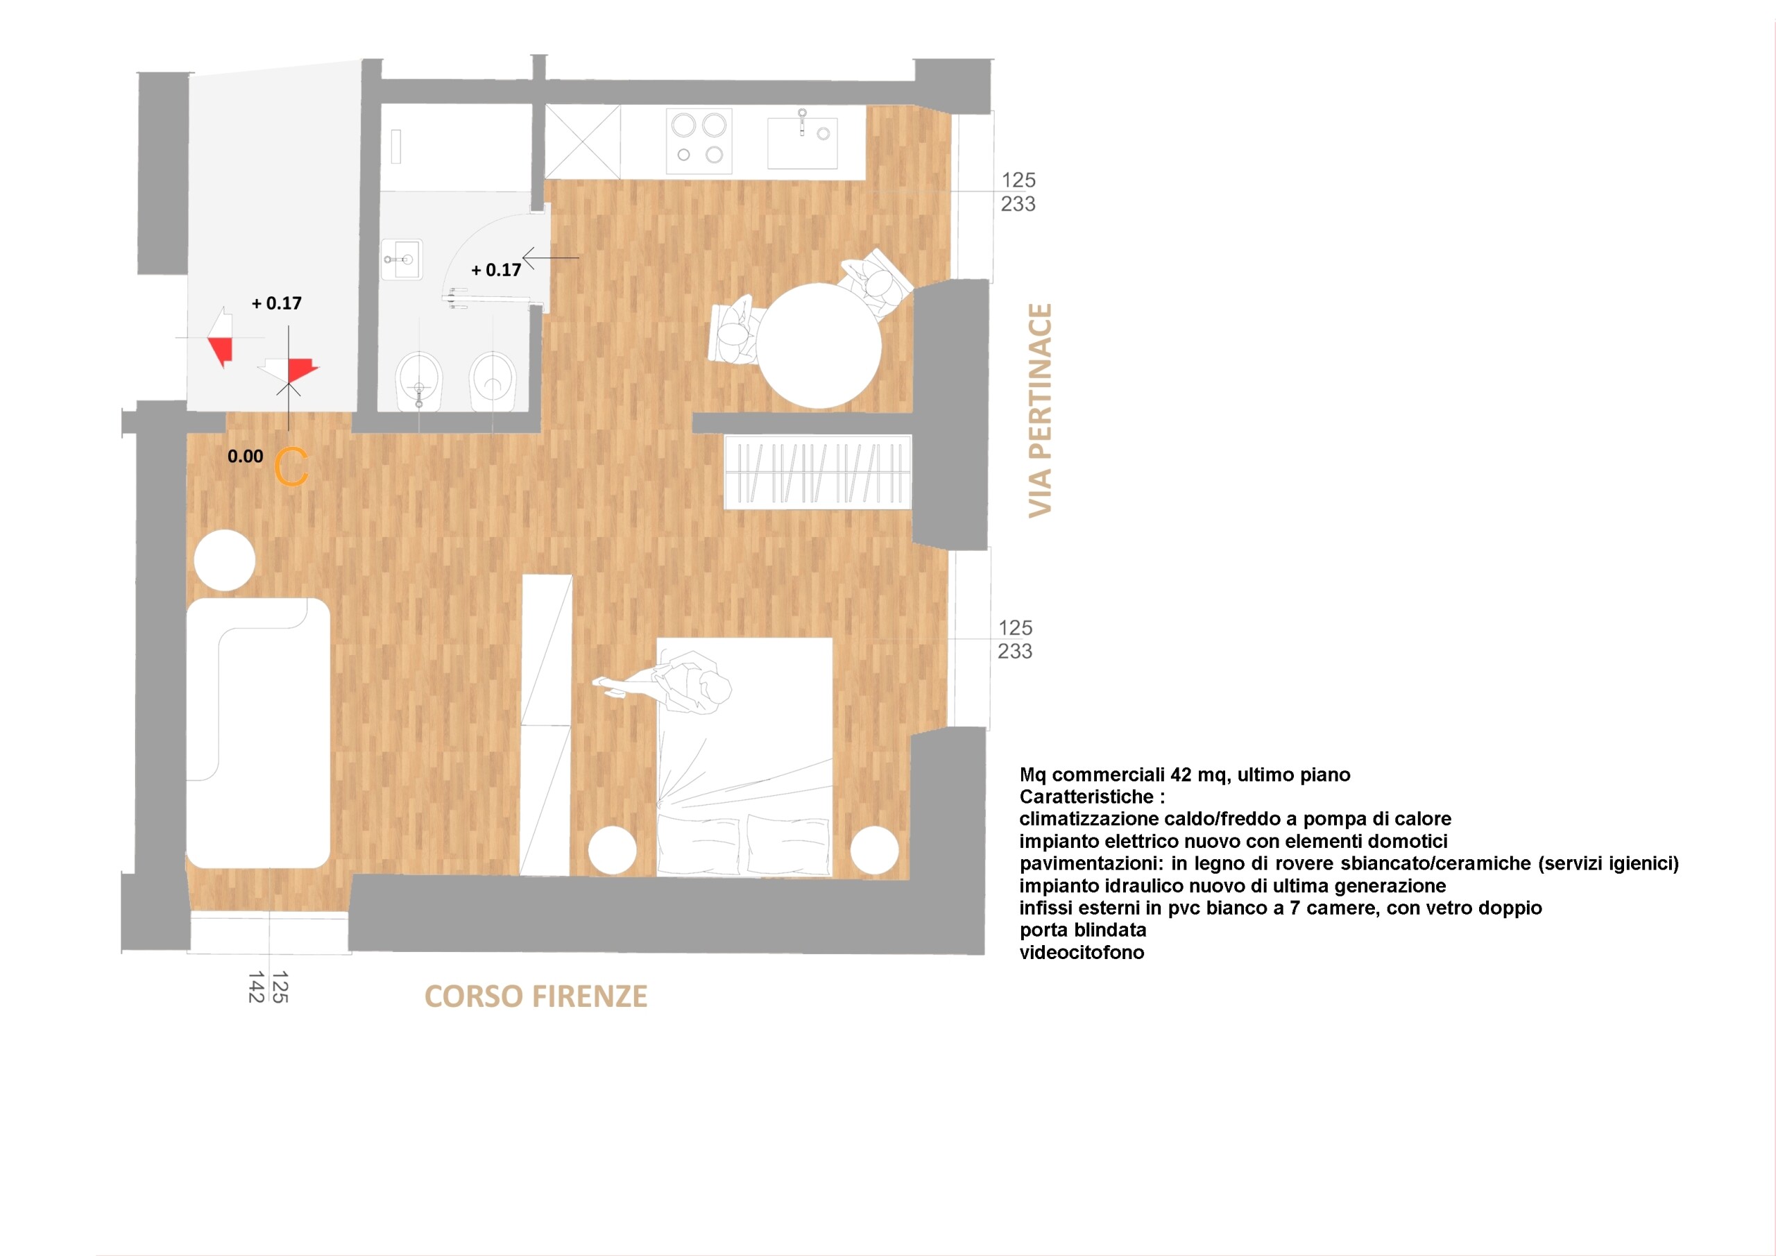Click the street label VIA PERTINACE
(x=1041, y=410)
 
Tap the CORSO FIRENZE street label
(x=536, y=996)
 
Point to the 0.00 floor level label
(x=245, y=457)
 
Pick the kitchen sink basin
(x=802, y=142)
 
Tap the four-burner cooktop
(x=699, y=140)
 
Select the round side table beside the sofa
(x=224, y=560)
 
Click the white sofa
(x=257, y=733)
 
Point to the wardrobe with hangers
(x=818, y=472)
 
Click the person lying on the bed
(x=673, y=681)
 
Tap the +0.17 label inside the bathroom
(x=496, y=270)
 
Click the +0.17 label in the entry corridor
(x=276, y=303)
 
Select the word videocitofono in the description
(x=1082, y=953)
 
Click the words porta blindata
(x=1083, y=930)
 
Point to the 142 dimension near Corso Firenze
(x=256, y=987)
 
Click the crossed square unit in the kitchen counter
(x=583, y=142)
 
